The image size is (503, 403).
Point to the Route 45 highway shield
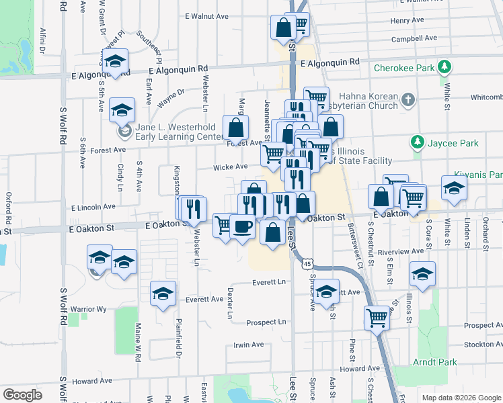point(307,264)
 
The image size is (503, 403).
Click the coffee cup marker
point(242,226)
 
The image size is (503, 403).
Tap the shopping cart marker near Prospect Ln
point(377,317)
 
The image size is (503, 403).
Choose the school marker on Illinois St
point(422,274)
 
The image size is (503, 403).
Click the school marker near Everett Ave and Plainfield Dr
point(163,293)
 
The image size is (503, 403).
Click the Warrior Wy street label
point(89,310)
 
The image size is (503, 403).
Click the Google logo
point(22,394)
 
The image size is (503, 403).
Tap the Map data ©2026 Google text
point(461,398)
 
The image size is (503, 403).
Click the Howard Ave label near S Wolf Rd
point(92,381)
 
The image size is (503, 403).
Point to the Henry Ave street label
point(407,20)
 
